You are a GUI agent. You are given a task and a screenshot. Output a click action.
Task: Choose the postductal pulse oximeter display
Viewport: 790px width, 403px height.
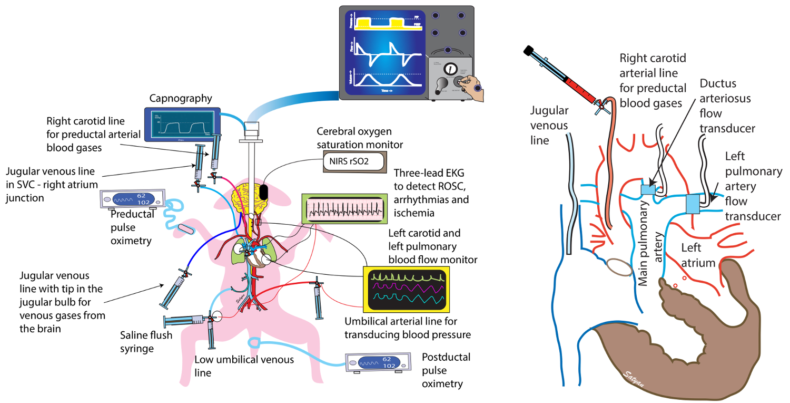click(377, 363)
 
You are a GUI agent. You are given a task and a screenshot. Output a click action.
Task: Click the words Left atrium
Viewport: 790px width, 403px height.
click(698, 255)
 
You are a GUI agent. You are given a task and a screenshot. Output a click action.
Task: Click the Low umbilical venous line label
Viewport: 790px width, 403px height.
click(244, 366)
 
